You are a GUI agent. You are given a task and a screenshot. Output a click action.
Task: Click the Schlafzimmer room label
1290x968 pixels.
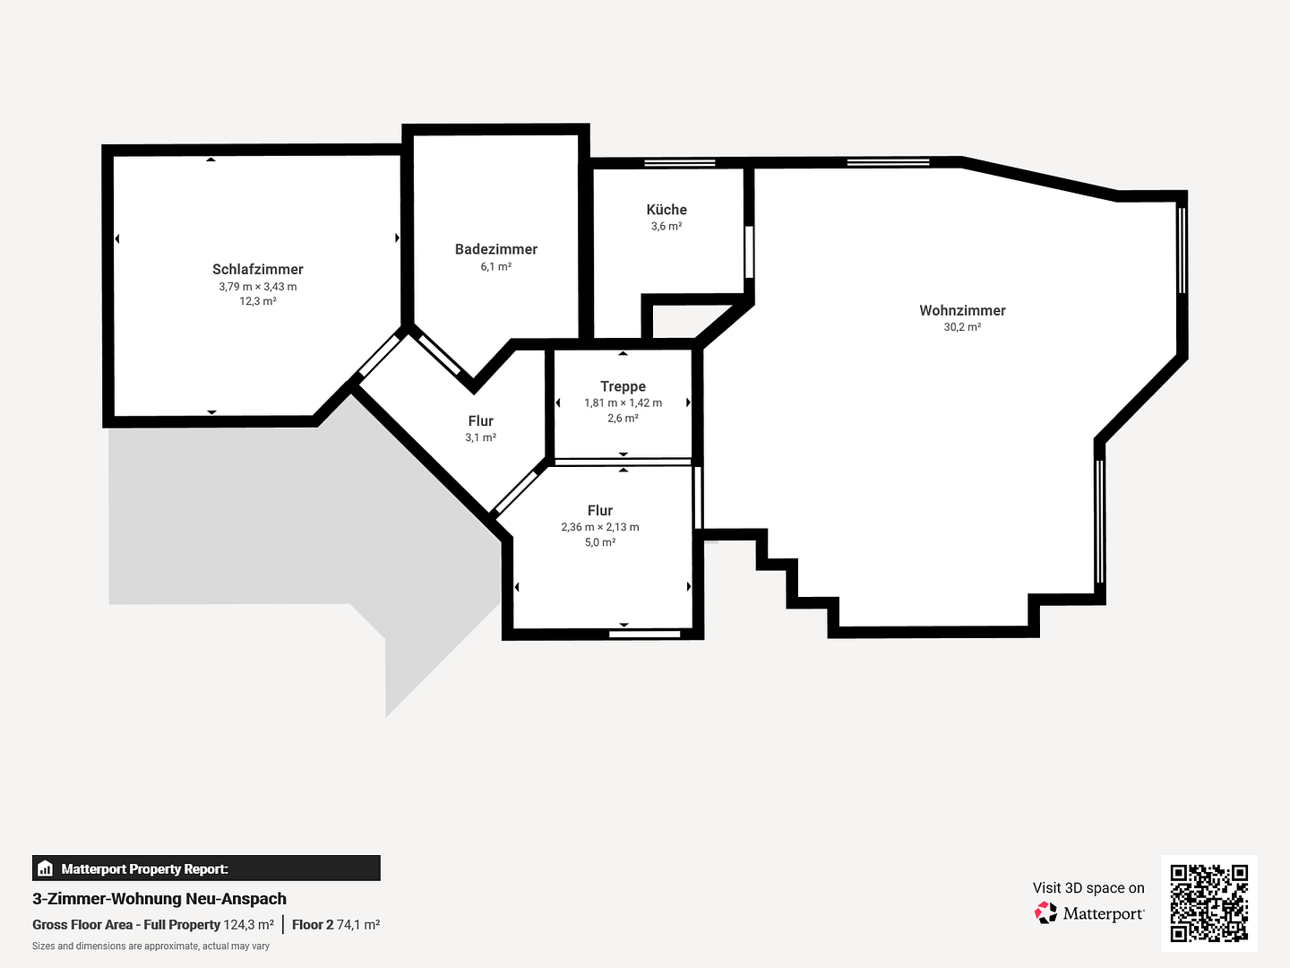(x=257, y=269)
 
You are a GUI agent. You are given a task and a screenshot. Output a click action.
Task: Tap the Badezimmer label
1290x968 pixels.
(x=496, y=249)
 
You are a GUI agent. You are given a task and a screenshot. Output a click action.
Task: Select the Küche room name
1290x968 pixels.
(x=666, y=209)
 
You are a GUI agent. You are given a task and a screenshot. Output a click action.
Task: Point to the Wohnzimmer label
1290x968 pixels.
(x=962, y=310)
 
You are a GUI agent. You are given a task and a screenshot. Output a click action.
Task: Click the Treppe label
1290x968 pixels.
(x=623, y=386)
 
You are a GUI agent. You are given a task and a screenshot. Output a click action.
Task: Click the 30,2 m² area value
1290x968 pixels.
(x=962, y=327)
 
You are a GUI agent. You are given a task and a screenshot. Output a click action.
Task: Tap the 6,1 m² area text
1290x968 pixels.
(x=496, y=266)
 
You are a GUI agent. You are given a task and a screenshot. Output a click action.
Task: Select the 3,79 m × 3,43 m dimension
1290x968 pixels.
(x=257, y=287)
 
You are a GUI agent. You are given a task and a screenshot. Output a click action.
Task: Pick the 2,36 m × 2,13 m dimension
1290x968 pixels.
(x=600, y=527)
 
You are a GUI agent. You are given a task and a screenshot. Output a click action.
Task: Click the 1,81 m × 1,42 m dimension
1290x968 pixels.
(x=623, y=402)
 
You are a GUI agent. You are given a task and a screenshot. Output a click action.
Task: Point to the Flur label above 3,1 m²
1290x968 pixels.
(x=481, y=421)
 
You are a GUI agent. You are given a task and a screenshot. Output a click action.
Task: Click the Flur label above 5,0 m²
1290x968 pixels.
(x=600, y=510)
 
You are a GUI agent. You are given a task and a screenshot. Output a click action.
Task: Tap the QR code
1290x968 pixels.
(x=1208, y=903)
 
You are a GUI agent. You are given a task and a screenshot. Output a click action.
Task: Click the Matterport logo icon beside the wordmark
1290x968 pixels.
(x=1045, y=912)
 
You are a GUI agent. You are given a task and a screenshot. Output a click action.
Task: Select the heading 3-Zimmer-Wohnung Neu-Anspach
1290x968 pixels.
(x=159, y=899)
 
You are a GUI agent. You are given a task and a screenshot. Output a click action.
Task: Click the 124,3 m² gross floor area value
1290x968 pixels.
(x=249, y=924)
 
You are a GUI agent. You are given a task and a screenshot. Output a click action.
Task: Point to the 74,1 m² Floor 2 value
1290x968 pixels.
(x=358, y=924)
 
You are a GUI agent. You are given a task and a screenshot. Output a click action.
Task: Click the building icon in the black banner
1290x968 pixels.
(x=46, y=869)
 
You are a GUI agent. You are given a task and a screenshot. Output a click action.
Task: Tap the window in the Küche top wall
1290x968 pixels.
(x=679, y=163)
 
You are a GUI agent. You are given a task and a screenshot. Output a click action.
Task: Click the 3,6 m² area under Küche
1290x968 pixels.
(x=666, y=226)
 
